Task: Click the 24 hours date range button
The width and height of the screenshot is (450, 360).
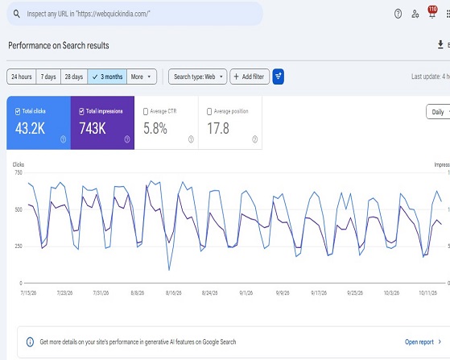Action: [22, 77]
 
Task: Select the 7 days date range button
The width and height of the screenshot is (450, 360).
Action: [48, 77]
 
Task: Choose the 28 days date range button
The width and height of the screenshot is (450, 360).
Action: [74, 77]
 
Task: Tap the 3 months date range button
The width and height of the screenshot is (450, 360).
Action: [107, 77]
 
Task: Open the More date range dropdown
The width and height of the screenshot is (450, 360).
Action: [142, 77]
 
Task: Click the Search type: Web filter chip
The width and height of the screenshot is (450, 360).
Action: [198, 77]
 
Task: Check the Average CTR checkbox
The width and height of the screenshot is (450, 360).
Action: [146, 111]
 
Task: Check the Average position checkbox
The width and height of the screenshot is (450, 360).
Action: [209, 111]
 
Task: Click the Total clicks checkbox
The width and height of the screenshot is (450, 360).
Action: [18, 111]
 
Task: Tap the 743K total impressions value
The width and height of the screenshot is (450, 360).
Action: [93, 128]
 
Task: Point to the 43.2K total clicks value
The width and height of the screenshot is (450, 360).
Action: [30, 128]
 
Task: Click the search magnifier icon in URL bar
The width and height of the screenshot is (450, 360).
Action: [17, 14]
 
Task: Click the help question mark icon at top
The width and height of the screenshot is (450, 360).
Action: [398, 14]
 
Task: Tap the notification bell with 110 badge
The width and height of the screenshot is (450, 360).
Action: [432, 12]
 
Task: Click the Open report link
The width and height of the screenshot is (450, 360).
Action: [419, 342]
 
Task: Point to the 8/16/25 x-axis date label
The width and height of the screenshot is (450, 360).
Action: [174, 293]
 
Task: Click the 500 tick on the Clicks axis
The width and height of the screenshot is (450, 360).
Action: [19, 209]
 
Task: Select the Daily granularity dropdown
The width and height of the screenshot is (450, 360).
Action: [438, 112]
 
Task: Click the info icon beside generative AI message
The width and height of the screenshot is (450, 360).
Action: [30, 342]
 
